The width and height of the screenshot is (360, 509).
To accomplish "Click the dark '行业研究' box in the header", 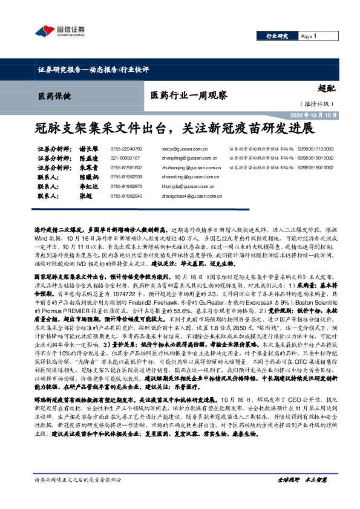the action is (278, 36).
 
